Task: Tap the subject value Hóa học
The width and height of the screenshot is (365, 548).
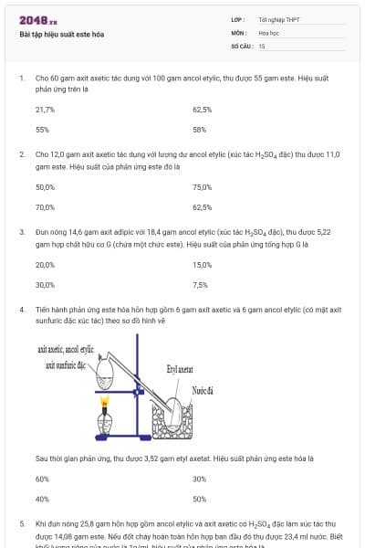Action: (x=268, y=32)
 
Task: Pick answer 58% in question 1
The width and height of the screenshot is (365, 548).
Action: (x=199, y=129)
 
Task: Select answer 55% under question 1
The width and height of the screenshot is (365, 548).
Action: (x=42, y=129)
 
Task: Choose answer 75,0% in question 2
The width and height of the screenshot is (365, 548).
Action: (x=202, y=186)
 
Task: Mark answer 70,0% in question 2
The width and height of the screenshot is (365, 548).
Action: (x=46, y=206)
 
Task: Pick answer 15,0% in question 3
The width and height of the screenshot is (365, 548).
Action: (x=202, y=264)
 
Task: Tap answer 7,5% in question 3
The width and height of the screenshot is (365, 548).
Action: (x=200, y=284)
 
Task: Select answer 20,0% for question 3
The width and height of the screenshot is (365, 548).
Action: (x=46, y=264)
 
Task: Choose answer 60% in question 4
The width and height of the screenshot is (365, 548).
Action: (x=42, y=479)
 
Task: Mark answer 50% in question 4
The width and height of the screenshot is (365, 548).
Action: (x=199, y=499)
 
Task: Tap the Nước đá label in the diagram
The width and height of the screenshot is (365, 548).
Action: (x=203, y=390)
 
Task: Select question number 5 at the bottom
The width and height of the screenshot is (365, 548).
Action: (x=21, y=524)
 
